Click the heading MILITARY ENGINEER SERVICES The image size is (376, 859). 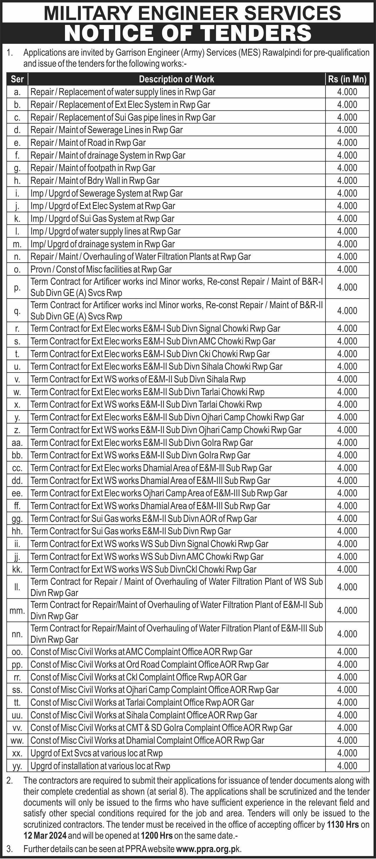coord(192,13)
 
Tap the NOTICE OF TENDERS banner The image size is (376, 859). coord(188,33)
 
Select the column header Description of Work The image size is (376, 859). coord(176,79)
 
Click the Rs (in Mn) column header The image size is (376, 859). coord(347,79)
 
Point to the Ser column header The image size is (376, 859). coord(17,79)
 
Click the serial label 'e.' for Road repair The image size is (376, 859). coord(17,143)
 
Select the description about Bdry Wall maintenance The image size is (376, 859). coord(95,181)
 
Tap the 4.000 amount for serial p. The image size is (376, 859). coord(347,287)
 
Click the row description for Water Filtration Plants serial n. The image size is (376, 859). coord(140,257)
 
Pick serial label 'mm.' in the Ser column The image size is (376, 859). coord(17,611)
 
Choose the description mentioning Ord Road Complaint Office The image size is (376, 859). coord(149,664)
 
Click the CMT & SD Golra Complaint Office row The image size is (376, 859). coord(161,728)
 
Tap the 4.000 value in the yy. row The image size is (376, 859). coord(347,766)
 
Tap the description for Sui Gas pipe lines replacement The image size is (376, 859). coord(123,117)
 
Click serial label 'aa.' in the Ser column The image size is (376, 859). coord(17,443)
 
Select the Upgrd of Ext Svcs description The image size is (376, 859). coord(96,753)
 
